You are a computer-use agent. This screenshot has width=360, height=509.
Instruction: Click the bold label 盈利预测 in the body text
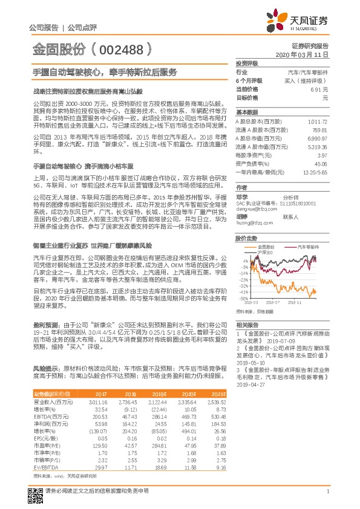pyautogui.click(x=46, y=326)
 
